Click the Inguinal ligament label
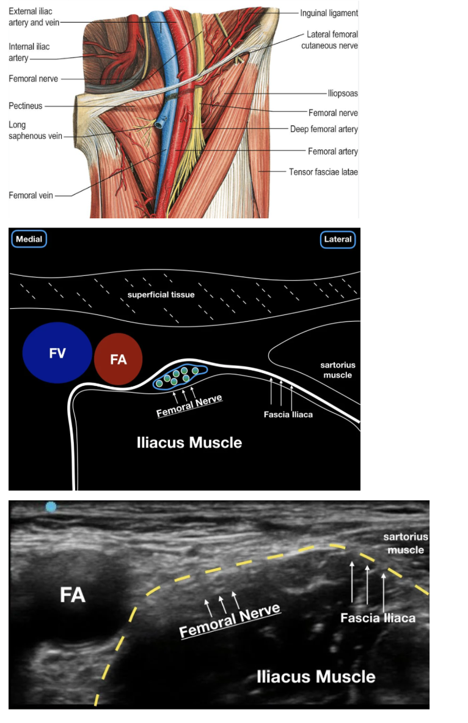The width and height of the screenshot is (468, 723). (x=329, y=13)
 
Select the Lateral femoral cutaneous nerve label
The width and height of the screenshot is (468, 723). (x=330, y=40)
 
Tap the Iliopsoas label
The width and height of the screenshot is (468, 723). (x=343, y=93)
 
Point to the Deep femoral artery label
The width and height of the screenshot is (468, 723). (x=324, y=129)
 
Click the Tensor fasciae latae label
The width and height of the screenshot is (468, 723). (x=323, y=172)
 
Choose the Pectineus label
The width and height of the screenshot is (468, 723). (x=25, y=106)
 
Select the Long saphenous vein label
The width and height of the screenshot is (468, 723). (x=35, y=130)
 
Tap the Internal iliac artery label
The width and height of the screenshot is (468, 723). (x=29, y=52)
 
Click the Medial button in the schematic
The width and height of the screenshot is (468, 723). (x=29, y=239)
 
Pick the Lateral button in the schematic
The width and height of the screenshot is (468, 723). (x=338, y=239)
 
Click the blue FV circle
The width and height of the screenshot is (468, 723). (x=57, y=353)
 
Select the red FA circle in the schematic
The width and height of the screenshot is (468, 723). (x=118, y=359)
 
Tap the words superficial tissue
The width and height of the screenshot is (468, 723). (x=161, y=295)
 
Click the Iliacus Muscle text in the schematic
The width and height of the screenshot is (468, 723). (x=189, y=443)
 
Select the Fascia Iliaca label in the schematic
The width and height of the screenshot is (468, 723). (x=288, y=415)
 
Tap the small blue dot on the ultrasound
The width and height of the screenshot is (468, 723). (x=51, y=506)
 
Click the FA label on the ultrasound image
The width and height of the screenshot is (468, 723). (x=73, y=595)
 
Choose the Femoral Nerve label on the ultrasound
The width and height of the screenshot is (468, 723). (x=230, y=621)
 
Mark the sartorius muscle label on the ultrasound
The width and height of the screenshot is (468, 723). (x=406, y=543)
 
